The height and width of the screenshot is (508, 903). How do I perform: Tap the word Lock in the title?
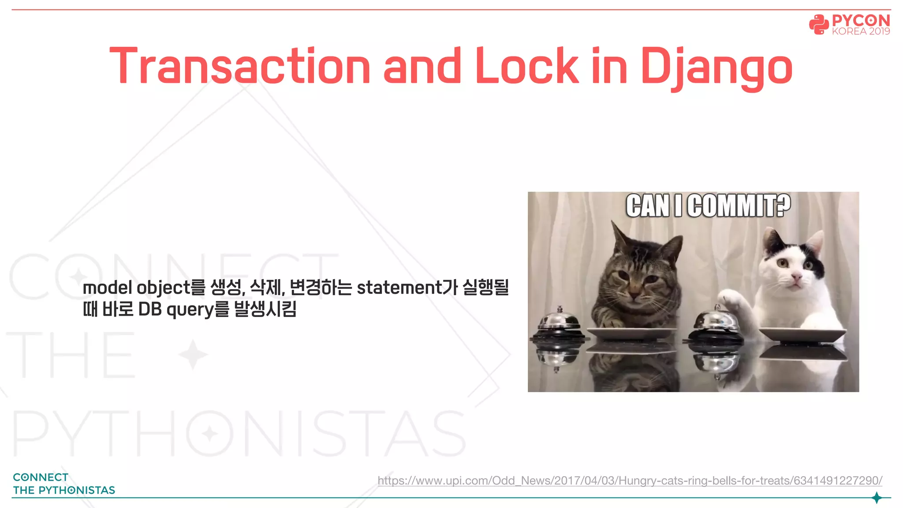pos(526,66)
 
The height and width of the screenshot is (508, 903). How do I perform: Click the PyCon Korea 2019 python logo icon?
pos(818,24)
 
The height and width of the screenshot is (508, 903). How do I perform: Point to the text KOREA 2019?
pos(861,31)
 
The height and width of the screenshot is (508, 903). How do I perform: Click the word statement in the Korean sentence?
pos(399,288)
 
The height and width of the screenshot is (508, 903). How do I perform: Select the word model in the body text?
pos(107,288)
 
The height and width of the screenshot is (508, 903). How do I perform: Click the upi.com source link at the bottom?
pos(630,480)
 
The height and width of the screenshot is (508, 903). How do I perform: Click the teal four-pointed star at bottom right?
pos(877,498)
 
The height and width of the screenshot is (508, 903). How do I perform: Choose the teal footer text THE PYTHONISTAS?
pos(64,490)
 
